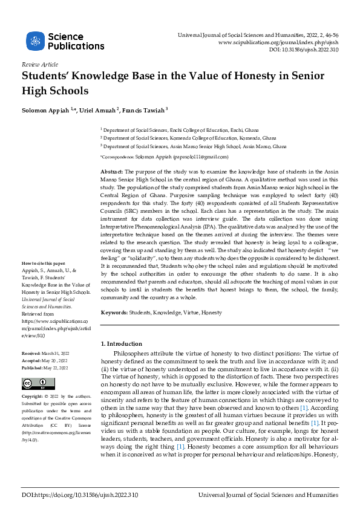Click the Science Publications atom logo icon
pos(35,41)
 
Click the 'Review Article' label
pos(40,64)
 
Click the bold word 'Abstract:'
pos(112,172)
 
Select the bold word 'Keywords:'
pos(114,313)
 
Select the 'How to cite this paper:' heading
pos(44,280)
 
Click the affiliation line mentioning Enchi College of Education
pos(188,130)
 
